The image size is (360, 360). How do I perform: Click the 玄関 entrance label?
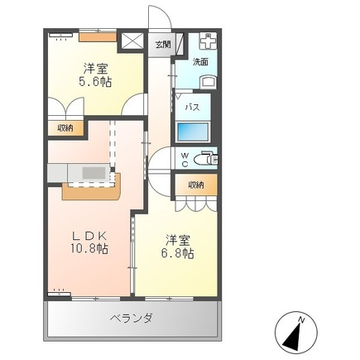[163, 45]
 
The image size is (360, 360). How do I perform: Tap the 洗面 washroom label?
[200, 62]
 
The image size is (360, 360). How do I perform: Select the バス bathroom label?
[192, 107]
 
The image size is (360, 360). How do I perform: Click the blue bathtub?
[193, 132]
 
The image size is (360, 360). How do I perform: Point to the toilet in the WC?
[204, 159]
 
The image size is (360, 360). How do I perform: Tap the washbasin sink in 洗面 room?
[209, 82]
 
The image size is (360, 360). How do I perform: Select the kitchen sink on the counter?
[94, 174]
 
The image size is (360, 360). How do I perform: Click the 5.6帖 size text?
[95, 82]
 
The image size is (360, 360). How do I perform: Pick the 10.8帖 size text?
[89, 249]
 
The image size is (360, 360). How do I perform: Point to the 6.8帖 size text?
[177, 253]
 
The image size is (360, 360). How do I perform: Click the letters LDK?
[89, 236]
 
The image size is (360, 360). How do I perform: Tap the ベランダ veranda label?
[132, 319]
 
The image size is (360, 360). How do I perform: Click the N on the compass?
[301, 320]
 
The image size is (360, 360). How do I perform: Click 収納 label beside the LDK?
[65, 128]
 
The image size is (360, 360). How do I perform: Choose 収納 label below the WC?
[196, 185]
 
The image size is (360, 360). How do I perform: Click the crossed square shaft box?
[132, 41]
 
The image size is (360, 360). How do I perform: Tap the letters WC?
[185, 160]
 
